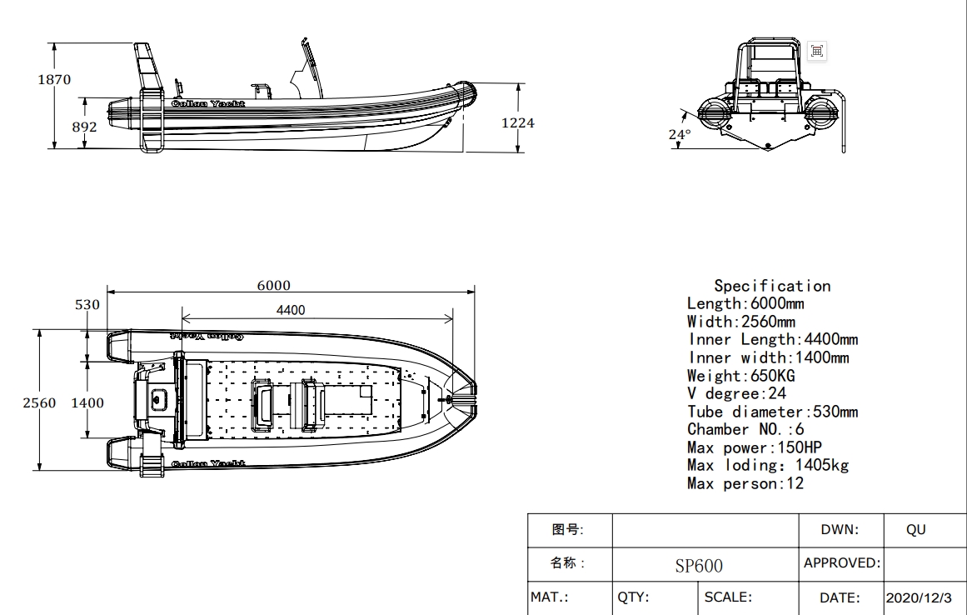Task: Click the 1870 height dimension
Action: pos(54,80)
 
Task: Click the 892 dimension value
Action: pos(84,127)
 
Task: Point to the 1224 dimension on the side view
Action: pos(517,123)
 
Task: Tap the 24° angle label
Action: pos(680,134)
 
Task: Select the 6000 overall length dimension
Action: pos(273,285)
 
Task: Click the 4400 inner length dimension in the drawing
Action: pos(291,310)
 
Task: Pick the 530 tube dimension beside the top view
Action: pos(87,305)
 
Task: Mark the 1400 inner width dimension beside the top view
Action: pos(87,403)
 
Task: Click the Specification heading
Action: pos(772,287)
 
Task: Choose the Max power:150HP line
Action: pos(755,447)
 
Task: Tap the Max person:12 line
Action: pos(745,483)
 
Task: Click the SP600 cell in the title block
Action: pos(699,567)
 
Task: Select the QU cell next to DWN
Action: pos(915,530)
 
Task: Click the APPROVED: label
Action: pos(841,563)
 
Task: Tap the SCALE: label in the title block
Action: pos(728,597)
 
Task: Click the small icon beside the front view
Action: pos(817,51)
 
